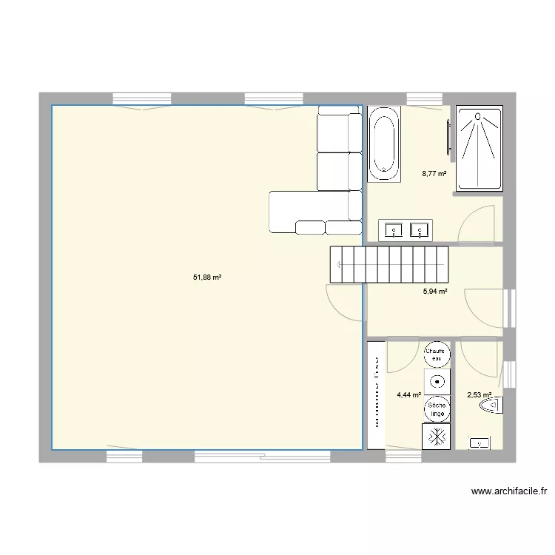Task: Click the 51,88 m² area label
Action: point(207,277)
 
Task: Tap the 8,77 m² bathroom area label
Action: point(434,174)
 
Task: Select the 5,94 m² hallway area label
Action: point(434,292)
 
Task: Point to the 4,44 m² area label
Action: point(408,395)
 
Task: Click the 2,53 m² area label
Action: point(479,395)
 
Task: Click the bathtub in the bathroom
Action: point(384,144)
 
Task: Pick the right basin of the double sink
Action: point(420,231)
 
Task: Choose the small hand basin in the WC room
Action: point(480,443)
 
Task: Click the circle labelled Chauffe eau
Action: point(437,354)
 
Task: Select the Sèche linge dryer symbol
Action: point(437,408)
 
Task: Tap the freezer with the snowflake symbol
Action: point(436,436)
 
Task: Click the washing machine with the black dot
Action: point(437,382)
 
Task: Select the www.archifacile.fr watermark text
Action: point(508,491)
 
